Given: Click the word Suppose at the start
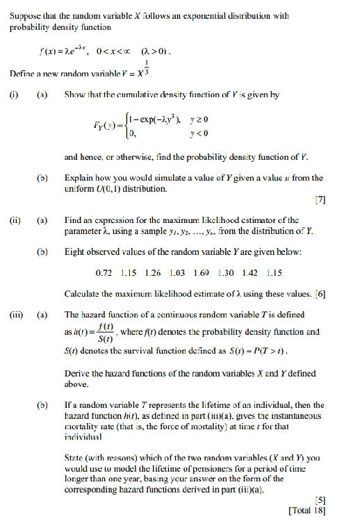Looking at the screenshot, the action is point(24,15).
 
